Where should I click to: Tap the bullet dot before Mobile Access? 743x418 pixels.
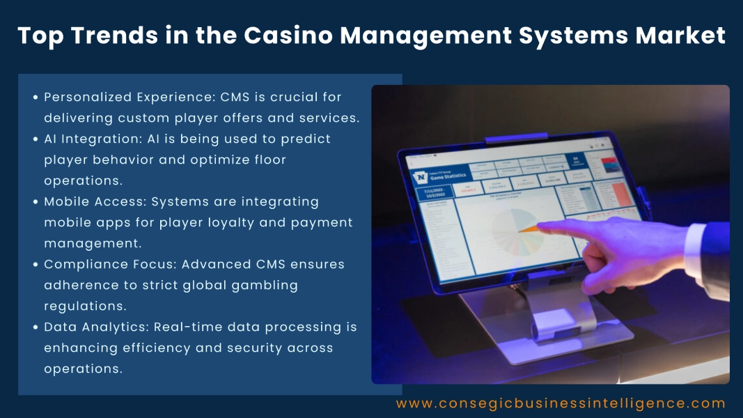pyautogui.click(x=36, y=202)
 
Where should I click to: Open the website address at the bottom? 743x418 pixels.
pyautogui.click(x=561, y=403)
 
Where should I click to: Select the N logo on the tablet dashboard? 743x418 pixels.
pyautogui.click(x=421, y=178)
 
